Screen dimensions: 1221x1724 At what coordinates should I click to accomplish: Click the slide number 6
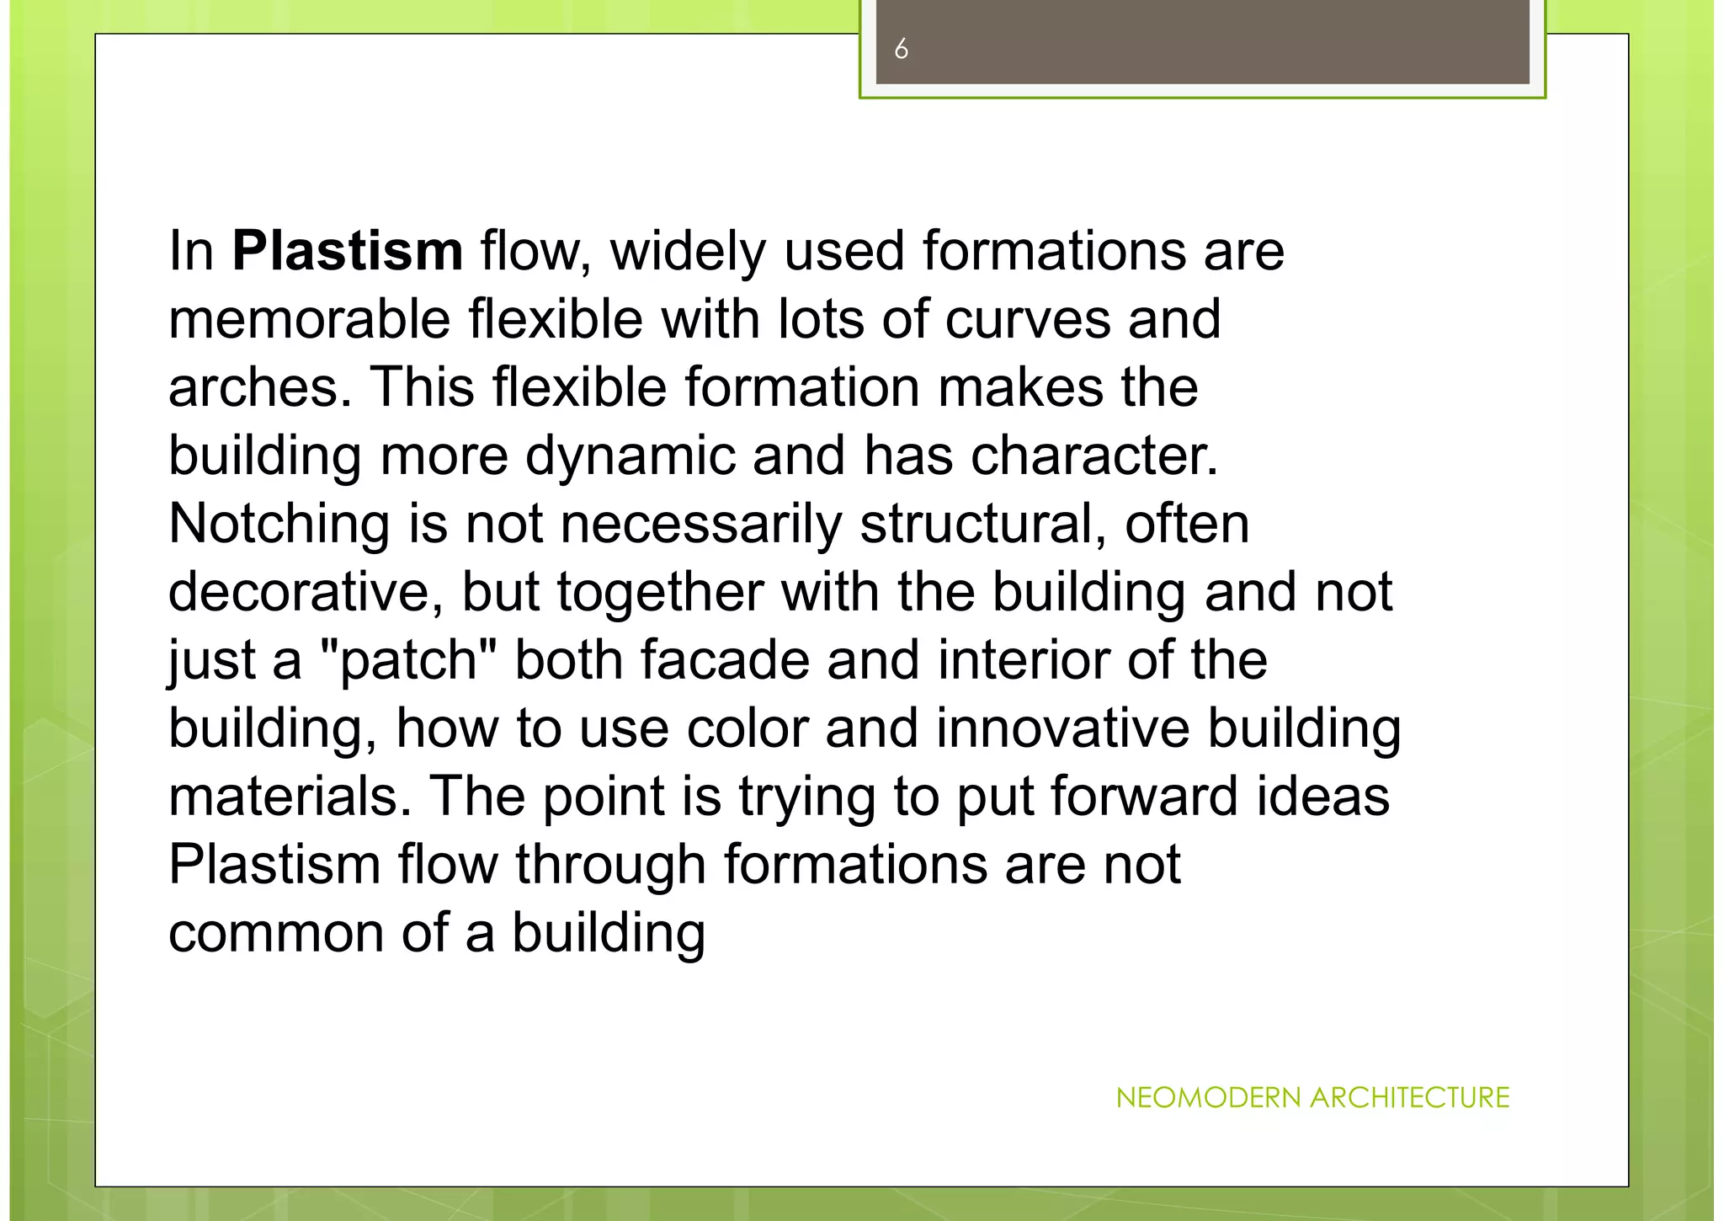[x=901, y=50]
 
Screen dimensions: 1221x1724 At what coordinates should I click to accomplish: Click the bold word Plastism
[x=347, y=251]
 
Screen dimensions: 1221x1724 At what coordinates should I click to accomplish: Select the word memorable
[x=310, y=319]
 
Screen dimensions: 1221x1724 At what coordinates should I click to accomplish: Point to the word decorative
[x=306, y=592]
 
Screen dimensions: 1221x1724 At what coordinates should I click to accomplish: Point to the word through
[x=610, y=865]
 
